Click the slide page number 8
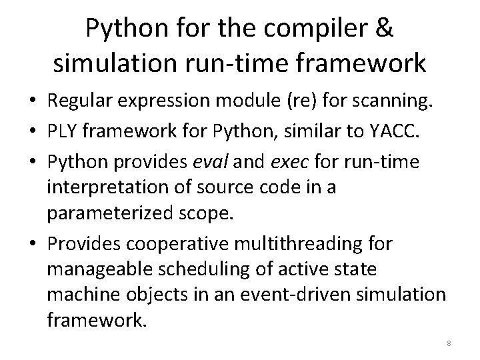449,343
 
